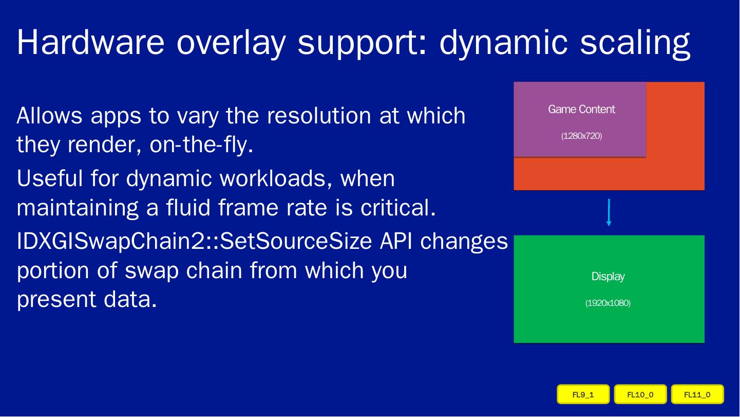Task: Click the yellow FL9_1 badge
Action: pyautogui.click(x=583, y=394)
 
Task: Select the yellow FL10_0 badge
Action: pyautogui.click(x=640, y=394)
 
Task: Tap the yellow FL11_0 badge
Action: pyautogui.click(x=697, y=394)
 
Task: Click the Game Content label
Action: pyautogui.click(x=581, y=109)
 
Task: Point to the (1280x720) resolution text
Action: pyautogui.click(x=581, y=136)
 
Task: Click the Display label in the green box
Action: pyautogui.click(x=608, y=277)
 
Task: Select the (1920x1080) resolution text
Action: pyautogui.click(x=608, y=303)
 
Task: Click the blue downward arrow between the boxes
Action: pyautogui.click(x=609, y=213)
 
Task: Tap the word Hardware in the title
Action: pyautogui.click(x=90, y=42)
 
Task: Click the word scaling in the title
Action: pyautogui.click(x=635, y=44)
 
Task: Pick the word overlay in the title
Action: pyautogui.click(x=231, y=44)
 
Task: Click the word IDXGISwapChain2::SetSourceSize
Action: pyautogui.click(x=194, y=241)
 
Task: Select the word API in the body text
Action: pyautogui.click(x=396, y=241)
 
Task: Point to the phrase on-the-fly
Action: pyautogui.click(x=201, y=144)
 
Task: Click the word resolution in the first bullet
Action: pyautogui.click(x=319, y=115)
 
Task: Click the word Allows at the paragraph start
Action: pyautogui.click(x=49, y=115)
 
